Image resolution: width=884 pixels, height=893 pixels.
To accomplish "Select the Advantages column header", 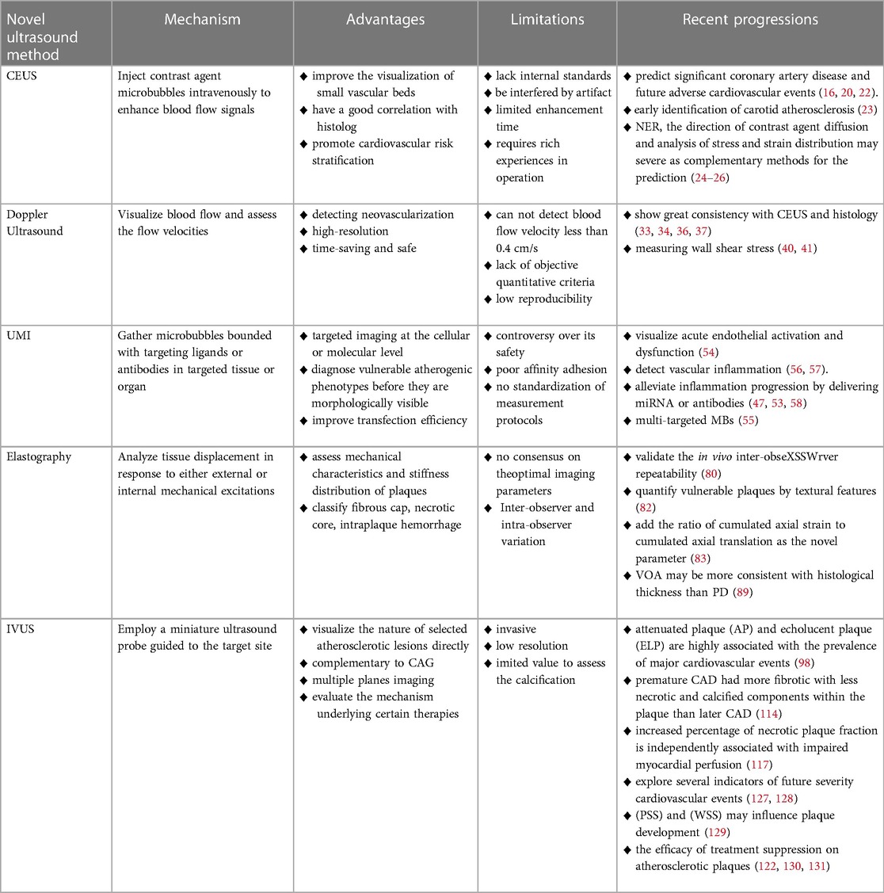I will tap(385, 20).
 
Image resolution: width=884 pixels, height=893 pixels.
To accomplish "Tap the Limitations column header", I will tap(547, 20).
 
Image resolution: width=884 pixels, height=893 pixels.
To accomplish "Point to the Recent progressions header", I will tap(750, 20).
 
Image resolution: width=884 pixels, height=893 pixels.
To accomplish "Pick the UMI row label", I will tap(19, 336).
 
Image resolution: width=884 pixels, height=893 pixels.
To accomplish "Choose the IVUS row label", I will tap(21, 629).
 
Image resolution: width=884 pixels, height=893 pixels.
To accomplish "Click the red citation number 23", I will tap(844, 110).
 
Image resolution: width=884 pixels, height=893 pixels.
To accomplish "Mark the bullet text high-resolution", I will tap(350, 231).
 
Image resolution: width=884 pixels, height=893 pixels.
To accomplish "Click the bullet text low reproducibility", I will tap(544, 299).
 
